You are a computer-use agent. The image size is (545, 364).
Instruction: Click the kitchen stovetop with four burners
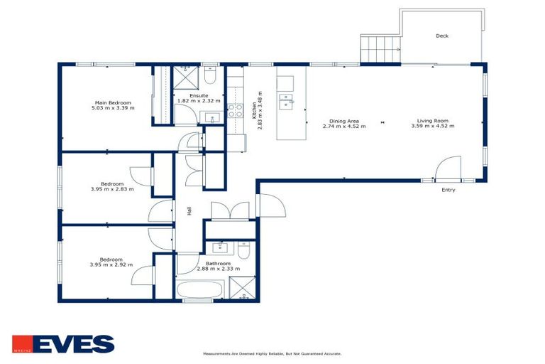pos(235,109)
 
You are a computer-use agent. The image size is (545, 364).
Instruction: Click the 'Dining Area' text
pos(343,121)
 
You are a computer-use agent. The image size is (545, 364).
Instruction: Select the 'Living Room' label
pos(432,121)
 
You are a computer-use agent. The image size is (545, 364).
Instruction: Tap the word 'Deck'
pos(442,36)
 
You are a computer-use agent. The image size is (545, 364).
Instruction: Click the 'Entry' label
pos(448,190)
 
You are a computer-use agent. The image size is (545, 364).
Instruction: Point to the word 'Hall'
pos(189,211)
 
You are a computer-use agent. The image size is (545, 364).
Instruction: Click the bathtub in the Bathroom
pos(199,291)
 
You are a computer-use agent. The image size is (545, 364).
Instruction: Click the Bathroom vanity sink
pos(217,249)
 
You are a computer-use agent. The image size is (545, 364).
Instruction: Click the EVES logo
pos(63,344)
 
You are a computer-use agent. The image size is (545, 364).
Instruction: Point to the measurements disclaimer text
pos(272,353)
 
